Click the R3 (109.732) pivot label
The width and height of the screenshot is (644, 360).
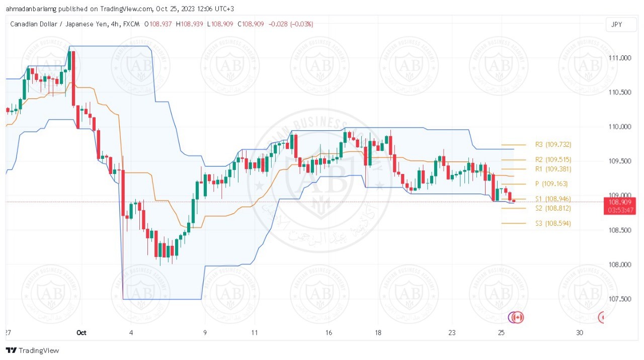553,145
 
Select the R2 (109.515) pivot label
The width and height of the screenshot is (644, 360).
553,160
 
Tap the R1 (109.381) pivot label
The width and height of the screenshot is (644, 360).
553,169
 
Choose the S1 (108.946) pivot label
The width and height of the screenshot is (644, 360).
553,199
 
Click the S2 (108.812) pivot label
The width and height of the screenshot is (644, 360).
553,208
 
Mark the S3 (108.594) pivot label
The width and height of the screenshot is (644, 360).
553,223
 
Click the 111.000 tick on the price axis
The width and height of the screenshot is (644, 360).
620,58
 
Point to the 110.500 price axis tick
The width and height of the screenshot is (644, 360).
620,93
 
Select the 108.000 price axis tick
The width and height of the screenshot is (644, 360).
620,265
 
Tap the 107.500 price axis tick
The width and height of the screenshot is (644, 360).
620,299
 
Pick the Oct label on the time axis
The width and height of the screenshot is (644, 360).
82,333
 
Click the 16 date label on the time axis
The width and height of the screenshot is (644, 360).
329,333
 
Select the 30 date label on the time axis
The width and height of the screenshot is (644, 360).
580,333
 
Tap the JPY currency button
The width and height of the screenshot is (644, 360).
616,24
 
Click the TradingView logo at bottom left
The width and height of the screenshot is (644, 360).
32,350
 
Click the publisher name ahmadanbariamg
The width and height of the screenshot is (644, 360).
31,9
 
